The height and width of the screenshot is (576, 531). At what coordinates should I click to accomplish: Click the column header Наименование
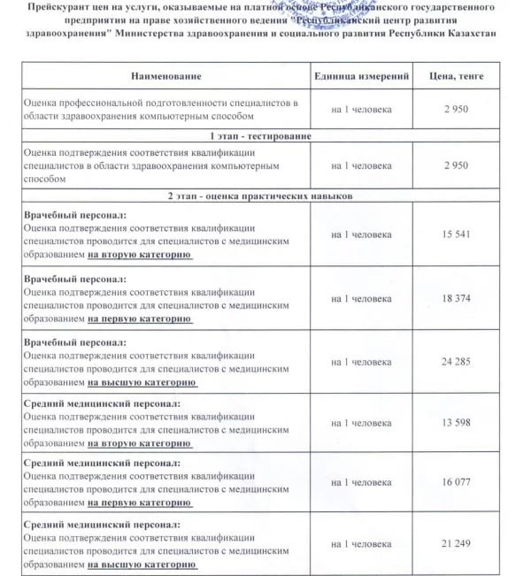[165, 78]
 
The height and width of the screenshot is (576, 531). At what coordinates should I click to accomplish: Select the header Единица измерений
[362, 78]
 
